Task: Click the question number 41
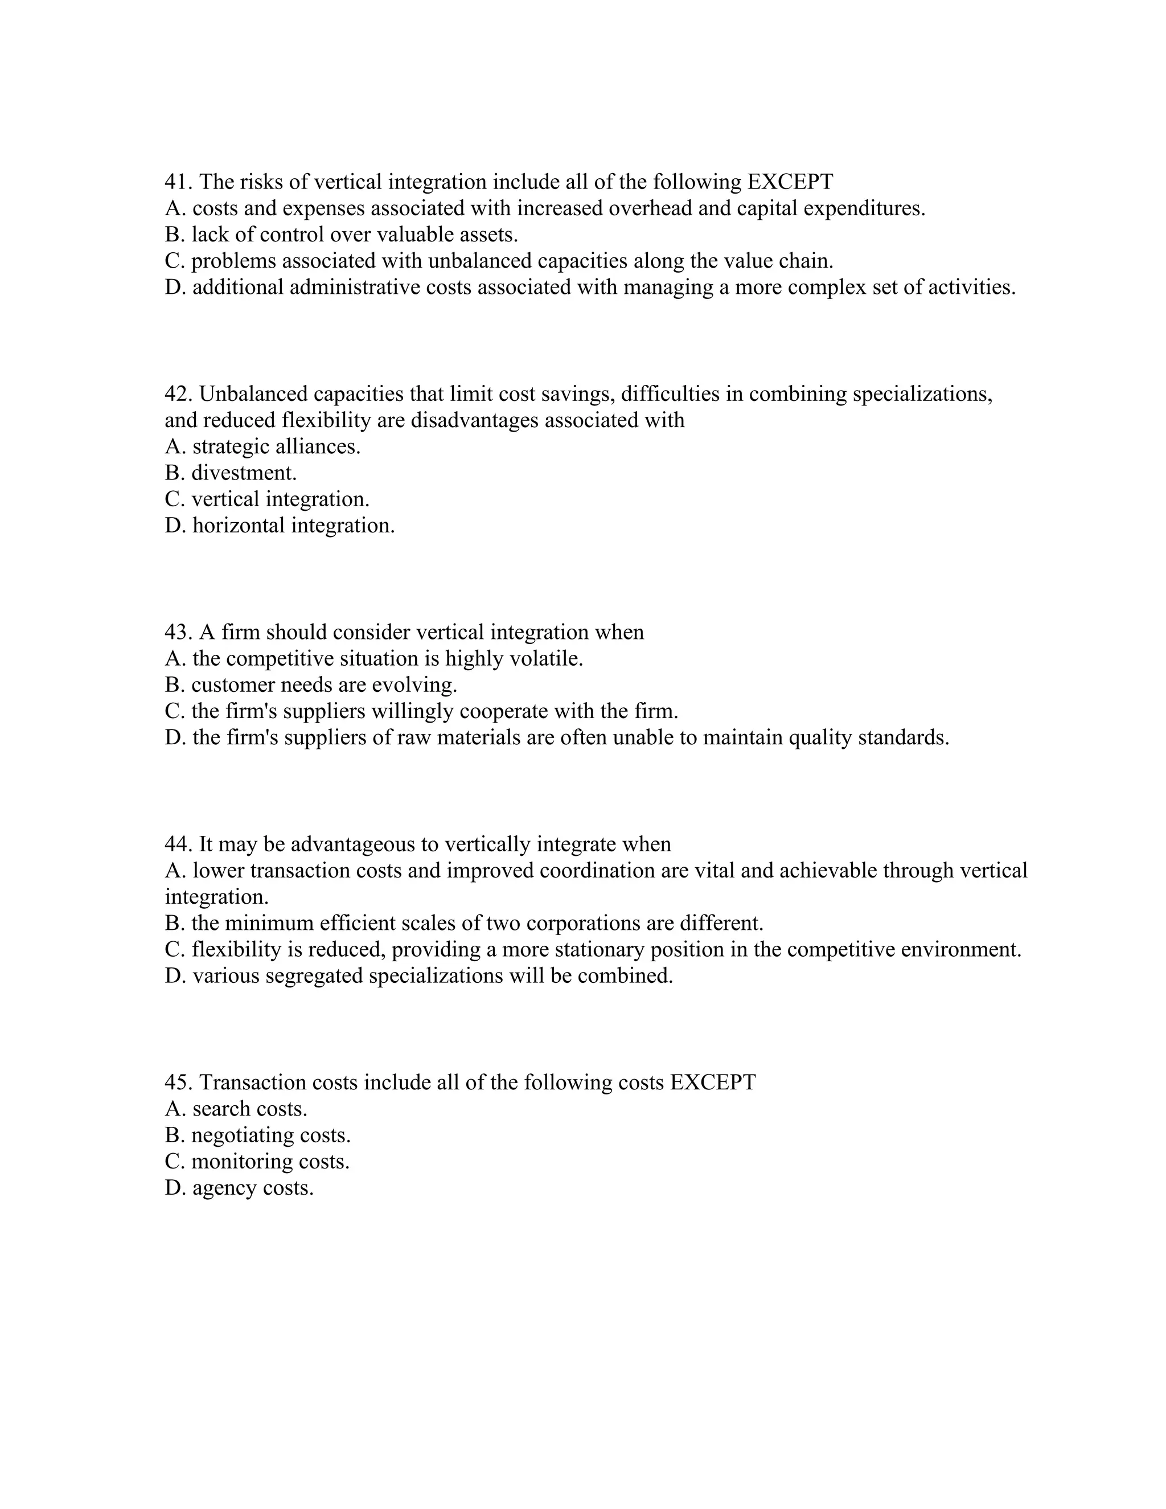[178, 182]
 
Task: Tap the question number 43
[178, 633]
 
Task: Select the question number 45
[178, 1082]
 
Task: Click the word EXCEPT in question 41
[790, 182]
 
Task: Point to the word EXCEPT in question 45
[713, 1082]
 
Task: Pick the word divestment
[244, 473]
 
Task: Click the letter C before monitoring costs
[173, 1162]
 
